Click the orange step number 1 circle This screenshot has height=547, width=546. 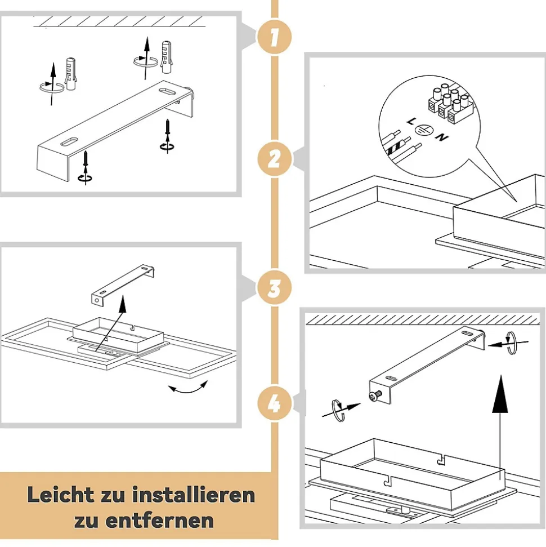(274, 37)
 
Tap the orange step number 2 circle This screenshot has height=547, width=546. (274, 159)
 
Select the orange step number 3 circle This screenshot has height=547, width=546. (274, 288)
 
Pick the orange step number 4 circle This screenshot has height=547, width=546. (274, 403)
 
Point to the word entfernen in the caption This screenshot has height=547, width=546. (159, 521)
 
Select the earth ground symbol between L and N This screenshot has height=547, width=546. (424, 130)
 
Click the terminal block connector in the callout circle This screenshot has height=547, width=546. (451, 104)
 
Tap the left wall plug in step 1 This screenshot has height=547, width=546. (71, 74)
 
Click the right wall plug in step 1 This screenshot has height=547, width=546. (167, 57)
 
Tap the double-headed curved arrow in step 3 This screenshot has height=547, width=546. (188, 389)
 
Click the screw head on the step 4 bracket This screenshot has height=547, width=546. (374, 396)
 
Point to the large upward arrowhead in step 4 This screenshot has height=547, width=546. (500, 394)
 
